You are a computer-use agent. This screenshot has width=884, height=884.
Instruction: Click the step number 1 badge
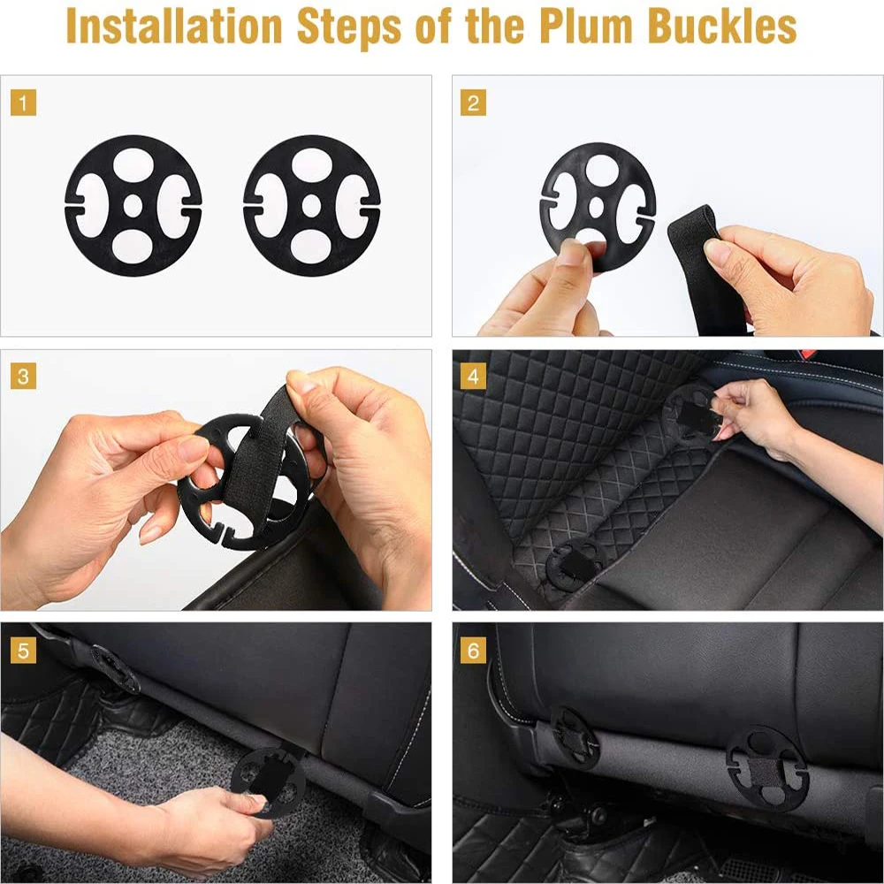point(24,103)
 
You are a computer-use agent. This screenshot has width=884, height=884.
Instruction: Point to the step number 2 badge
point(473,103)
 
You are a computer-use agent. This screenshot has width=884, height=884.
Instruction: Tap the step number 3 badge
point(24,376)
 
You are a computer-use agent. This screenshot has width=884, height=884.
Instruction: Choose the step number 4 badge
point(473,376)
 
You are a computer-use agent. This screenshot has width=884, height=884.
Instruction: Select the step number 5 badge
point(24,652)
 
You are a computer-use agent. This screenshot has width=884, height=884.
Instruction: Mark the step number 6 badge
point(473,652)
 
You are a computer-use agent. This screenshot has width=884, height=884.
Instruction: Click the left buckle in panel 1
point(133,205)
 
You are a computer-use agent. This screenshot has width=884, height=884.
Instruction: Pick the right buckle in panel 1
point(311,205)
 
